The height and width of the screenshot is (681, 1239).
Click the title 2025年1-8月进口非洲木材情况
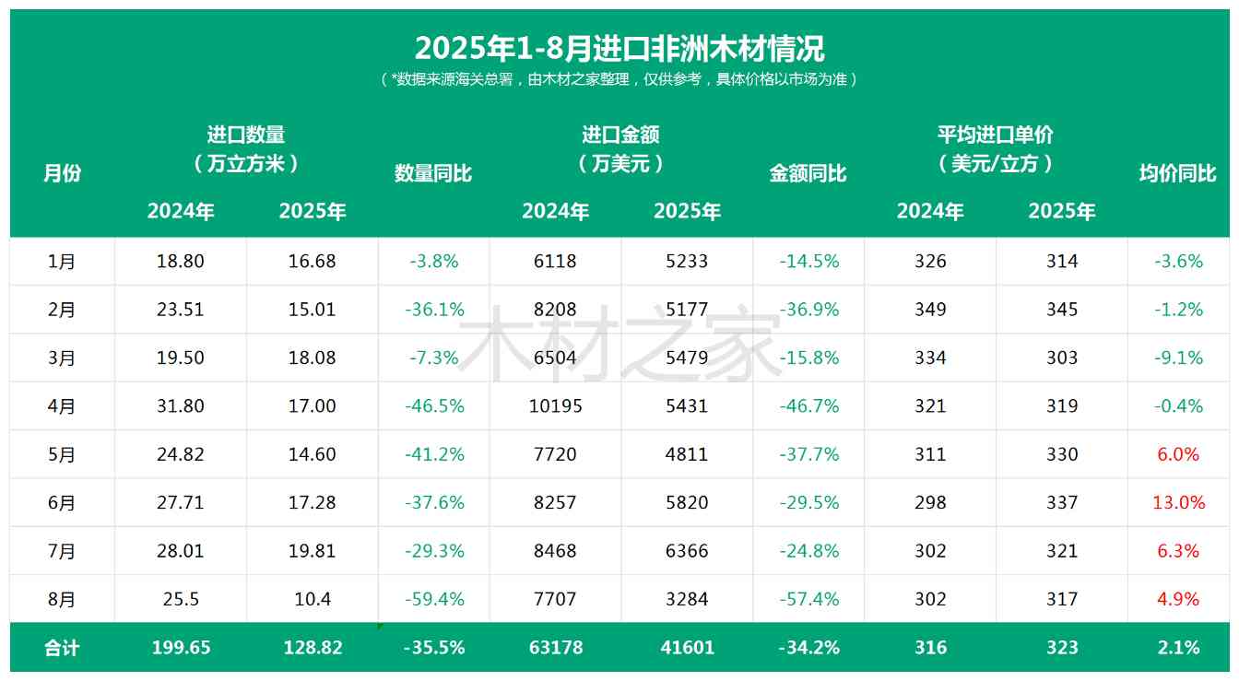(619, 48)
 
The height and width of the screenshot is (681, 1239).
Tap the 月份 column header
(62, 173)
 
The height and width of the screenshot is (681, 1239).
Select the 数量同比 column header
(433, 173)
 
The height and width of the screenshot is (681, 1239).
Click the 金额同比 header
(808, 173)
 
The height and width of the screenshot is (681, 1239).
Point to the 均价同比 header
(1177, 173)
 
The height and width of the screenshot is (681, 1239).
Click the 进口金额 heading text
(620, 135)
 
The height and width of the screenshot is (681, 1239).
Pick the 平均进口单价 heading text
(995, 135)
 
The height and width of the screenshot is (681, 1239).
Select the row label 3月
(62, 358)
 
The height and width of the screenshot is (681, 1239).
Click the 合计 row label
(62, 648)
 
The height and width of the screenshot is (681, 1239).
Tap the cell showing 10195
(555, 405)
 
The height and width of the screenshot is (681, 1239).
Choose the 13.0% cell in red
(1178, 502)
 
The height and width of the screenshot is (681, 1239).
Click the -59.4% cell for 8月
(434, 599)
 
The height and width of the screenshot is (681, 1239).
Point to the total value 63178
(555, 648)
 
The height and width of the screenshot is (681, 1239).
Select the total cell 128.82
(313, 648)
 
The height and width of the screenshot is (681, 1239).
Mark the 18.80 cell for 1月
(181, 261)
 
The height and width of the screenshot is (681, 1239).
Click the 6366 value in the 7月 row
(687, 551)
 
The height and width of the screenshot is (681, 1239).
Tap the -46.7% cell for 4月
(808, 405)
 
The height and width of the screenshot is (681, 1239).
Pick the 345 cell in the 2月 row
(1062, 310)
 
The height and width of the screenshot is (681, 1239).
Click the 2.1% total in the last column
(1178, 648)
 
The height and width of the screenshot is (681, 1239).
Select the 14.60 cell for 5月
(313, 454)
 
